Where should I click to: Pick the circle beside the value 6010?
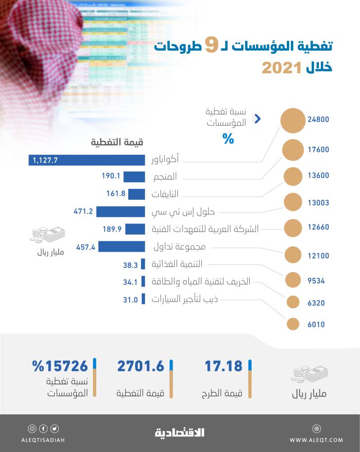point(293,324)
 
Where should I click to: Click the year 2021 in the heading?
point(281,68)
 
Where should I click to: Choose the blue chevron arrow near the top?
point(257,119)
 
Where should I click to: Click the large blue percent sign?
point(228,139)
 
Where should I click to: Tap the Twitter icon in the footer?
point(55,428)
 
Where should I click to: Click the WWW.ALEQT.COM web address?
point(316,440)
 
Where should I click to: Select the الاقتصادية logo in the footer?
point(180,433)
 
